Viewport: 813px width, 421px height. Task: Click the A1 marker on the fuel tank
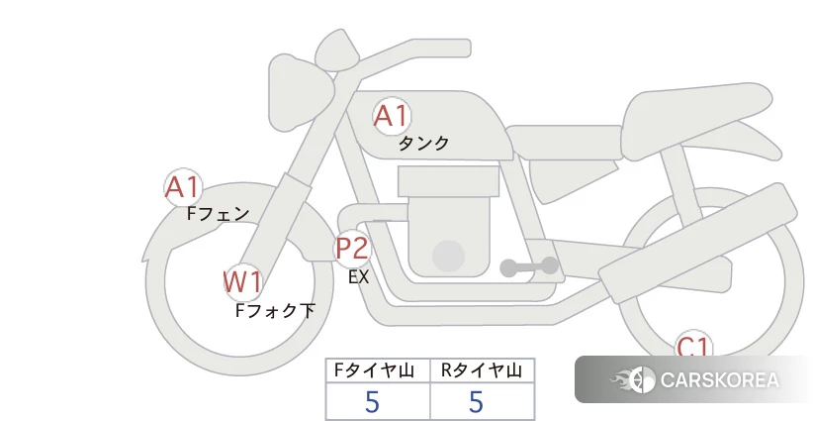pyautogui.click(x=392, y=116)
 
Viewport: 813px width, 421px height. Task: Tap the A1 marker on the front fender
pyautogui.click(x=183, y=187)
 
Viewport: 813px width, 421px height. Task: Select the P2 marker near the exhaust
pyautogui.click(x=352, y=248)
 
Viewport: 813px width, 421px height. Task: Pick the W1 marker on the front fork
pyautogui.click(x=242, y=282)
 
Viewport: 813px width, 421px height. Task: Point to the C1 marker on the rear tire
pyautogui.click(x=692, y=346)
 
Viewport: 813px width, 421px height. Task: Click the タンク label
pyautogui.click(x=423, y=143)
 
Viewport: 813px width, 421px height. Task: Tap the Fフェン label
pyautogui.click(x=218, y=213)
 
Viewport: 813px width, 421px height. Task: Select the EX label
pyautogui.click(x=358, y=277)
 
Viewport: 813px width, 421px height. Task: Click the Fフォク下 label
pyautogui.click(x=275, y=310)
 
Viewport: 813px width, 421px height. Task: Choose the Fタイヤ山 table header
pyautogui.click(x=374, y=370)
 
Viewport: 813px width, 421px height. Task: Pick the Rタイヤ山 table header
pyautogui.click(x=482, y=370)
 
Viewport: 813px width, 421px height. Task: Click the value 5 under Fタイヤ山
pyautogui.click(x=372, y=401)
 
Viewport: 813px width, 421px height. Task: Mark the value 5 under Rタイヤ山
pyautogui.click(x=476, y=401)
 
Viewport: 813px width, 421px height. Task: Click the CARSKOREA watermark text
pyautogui.click(x=719, y=380)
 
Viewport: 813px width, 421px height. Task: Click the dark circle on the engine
pyautogui.click(x=448, y=256)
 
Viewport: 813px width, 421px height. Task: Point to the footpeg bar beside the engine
pyautogui.click(x=529, y=266)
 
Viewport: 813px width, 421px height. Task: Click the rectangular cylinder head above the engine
pyautogui.click(x=448, y=181)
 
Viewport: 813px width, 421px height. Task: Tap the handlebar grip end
pyautogui.click(x=464, y=49)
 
